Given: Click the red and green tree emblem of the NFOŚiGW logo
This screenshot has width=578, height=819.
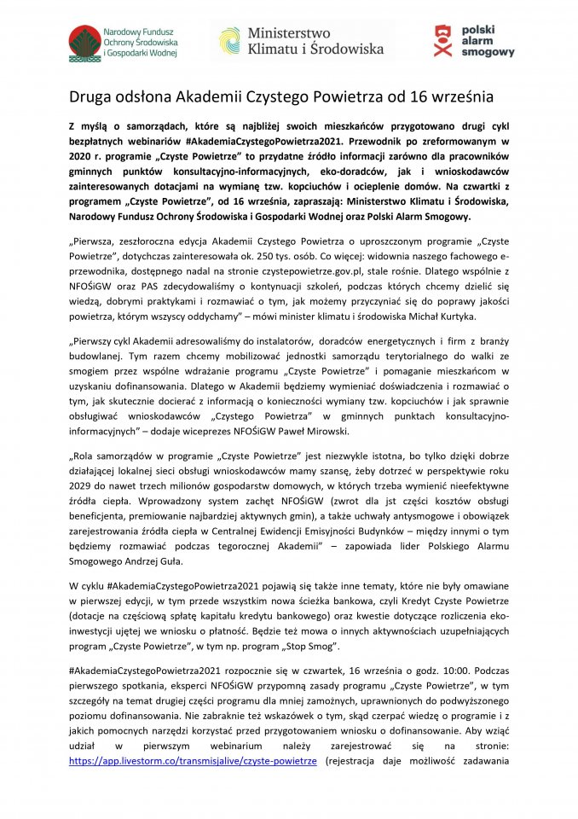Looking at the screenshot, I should coord(84,40).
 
